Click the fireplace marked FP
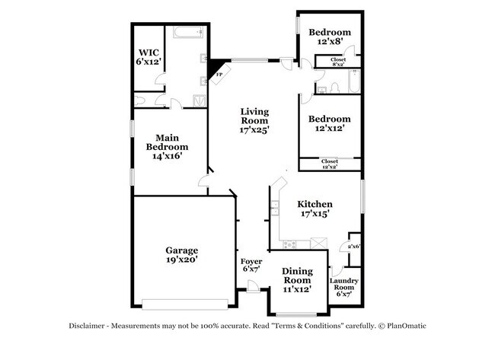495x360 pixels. pyautogui.click(x=218, y=72)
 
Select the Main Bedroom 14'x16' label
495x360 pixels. pyautogui.click(x=167, y=146)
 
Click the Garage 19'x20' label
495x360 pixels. pyautogui.click(x=182, y=254)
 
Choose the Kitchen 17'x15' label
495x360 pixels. pyautogui.click(x=315, y=209)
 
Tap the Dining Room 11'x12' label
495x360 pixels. pyautogui.click(x=297, y=279)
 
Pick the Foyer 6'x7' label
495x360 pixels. pyautogui.click(x=251, y=265)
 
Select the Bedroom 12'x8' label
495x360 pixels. pyautogui.click(x=329, y=37)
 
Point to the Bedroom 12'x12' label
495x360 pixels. pyautogui.click(x=329, y=124)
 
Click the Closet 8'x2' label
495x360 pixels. pyautogui.click(x=338, y=62)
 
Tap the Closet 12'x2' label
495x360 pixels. pyautogui.click(x=329, y=164)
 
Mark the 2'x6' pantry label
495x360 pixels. pyautogui.click(x=353, y=247)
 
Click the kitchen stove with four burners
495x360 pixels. pyautogui.click(x=290, y=244)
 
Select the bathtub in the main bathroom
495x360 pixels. pyautogui.click(x=186, y=33)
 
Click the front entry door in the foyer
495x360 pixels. pyautogui.click(x=251, y=287)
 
